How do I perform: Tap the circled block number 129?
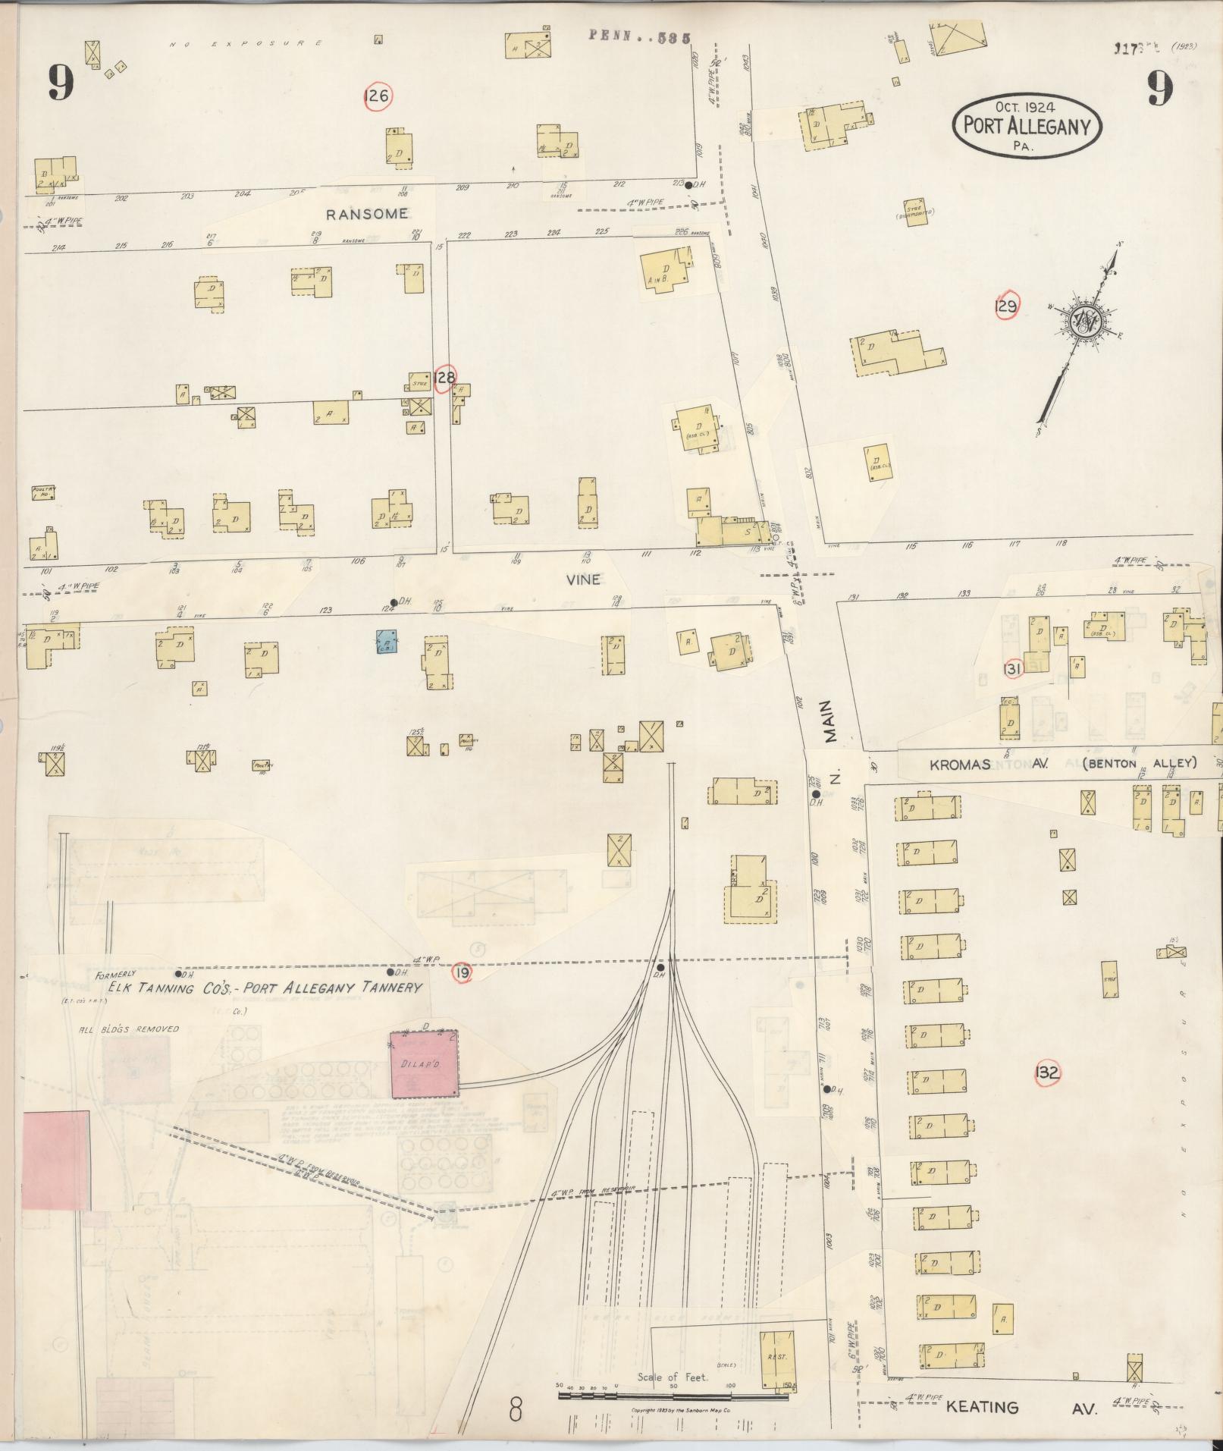[1005, 306]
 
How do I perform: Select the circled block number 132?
[1046, 1073]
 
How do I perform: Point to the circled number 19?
[462, 972]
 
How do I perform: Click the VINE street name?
[583, 579]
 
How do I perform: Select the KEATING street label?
[982, 1407]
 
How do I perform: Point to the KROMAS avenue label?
[960, 765]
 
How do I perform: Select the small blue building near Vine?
[387, 642]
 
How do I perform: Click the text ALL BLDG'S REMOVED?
[129, 1029]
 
